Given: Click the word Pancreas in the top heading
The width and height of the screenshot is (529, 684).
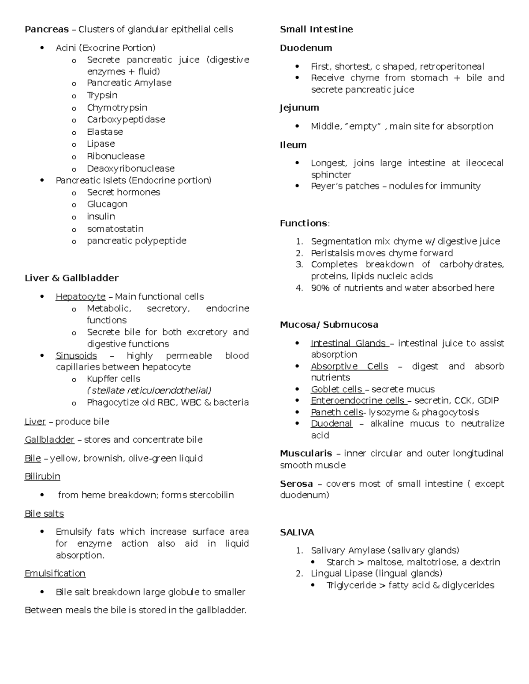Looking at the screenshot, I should click(46, 30).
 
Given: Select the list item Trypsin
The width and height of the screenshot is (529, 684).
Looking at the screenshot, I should click(102, 95).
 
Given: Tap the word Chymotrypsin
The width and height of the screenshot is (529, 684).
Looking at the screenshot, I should click(117, 107).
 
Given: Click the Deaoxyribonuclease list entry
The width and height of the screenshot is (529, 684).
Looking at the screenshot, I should click(130, 168).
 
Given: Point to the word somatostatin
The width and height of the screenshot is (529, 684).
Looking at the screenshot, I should click(115, 229).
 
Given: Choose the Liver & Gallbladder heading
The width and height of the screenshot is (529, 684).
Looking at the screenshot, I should click(71, 278).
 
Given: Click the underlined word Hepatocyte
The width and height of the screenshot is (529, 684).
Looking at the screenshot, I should click(80, 296).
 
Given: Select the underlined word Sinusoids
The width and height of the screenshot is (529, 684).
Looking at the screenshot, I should click(76, 355).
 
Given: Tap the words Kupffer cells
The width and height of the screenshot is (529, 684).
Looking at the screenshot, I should click(113, 379).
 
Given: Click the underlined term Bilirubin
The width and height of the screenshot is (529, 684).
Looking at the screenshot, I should click(42, 477).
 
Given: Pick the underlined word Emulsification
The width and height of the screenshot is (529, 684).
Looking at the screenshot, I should click(55, 573).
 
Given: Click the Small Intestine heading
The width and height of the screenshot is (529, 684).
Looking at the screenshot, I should click(316, 30).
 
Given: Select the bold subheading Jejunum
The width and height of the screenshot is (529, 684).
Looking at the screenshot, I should click(299, 108).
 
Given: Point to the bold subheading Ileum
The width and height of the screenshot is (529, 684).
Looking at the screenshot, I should click(293, 145).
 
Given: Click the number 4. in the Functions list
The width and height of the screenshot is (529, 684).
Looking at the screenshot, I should click(299, 288).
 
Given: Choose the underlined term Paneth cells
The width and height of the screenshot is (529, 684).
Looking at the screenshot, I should click(337, 412).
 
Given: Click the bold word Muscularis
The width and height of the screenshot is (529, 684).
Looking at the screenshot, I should click(306, 453).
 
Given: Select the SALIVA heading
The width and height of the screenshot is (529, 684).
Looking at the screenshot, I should click(297, 532).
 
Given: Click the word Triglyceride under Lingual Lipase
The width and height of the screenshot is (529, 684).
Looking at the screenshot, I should click(351, 585).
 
